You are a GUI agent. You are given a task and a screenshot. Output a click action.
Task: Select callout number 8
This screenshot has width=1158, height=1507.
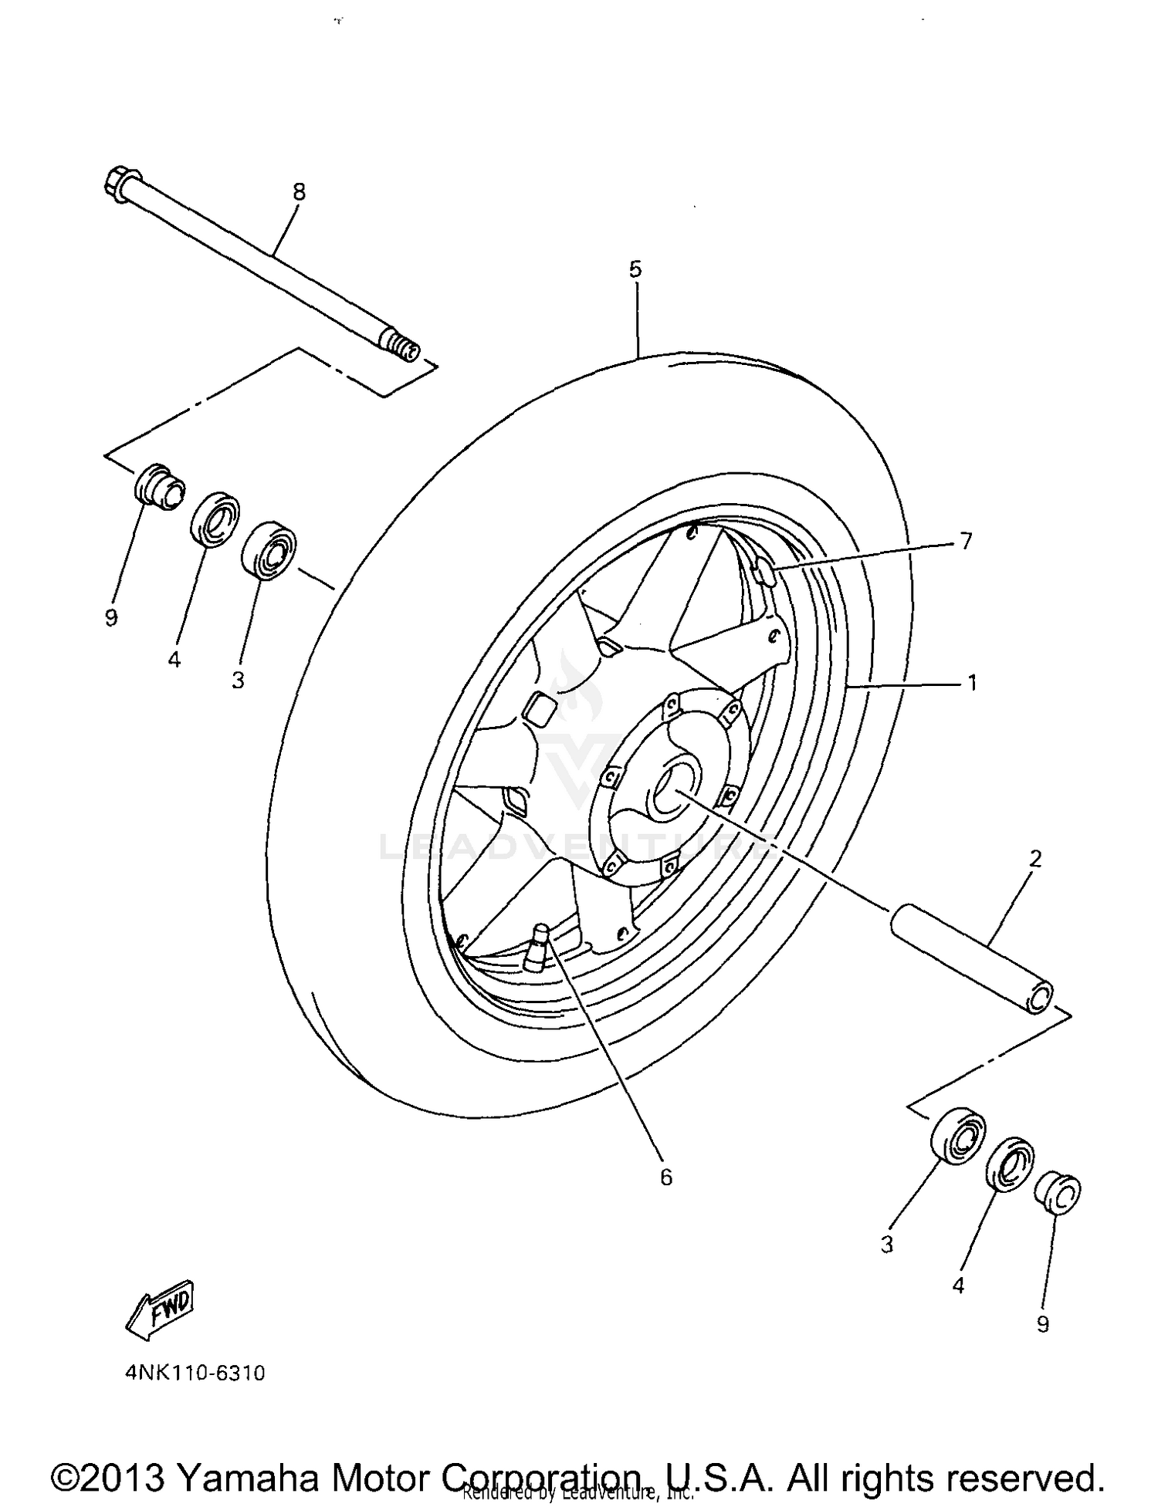[299, 191]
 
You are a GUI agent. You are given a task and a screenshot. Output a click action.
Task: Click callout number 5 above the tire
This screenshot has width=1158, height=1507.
[635, 269]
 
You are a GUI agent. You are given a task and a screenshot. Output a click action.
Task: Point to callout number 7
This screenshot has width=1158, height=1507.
[966, 541]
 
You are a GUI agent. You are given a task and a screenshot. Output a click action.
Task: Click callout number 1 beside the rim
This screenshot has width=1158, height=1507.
[972, 682]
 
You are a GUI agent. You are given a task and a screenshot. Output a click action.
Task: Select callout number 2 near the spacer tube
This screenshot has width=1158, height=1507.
[1035, 858]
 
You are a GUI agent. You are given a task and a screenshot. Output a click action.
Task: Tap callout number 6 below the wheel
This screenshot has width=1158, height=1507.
[666, 1177]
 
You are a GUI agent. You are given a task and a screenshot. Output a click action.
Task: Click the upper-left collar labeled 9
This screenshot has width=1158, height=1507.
[159, 488]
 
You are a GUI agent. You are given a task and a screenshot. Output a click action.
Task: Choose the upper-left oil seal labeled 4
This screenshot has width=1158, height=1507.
[215, 517]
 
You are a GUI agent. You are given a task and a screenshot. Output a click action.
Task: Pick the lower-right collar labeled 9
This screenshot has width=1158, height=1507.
[1058, 1194]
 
